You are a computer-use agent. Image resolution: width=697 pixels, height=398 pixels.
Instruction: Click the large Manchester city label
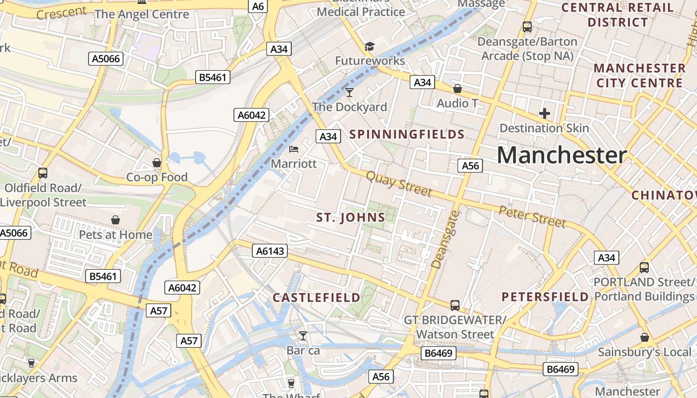click(x=562, y=156)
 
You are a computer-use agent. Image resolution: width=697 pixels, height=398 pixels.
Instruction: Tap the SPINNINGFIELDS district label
click(x=407, y=134)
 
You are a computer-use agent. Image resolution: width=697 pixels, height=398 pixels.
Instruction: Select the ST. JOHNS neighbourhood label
click(x=351, y=217)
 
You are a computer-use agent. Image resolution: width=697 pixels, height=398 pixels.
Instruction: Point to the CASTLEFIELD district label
click(x=317, y=298)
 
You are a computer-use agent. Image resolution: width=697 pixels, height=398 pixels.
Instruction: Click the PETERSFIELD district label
click(x=545, y=297)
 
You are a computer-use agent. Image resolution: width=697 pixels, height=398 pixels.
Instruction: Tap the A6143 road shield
click(x=270, y=251)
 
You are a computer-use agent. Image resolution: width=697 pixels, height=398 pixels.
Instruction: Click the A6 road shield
click(x=258, y=6)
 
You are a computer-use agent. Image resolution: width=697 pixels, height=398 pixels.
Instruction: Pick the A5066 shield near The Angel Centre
click(x=106, y=59)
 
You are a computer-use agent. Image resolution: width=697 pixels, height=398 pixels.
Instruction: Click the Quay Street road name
click(x=399, y=184)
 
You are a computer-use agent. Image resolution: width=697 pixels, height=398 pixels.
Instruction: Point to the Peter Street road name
click(x=532, y=217)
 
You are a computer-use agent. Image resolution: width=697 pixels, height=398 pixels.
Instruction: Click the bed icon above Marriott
click(x=294, y=149)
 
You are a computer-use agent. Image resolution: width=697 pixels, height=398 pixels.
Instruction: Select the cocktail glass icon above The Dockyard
click(x=349, y=93)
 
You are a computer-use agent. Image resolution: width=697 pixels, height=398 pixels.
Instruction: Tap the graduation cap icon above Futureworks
click(x=369, y=47)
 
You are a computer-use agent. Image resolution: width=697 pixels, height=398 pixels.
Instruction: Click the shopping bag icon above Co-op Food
click(x=157, y=163)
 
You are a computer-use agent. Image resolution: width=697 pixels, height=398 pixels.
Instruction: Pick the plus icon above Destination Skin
click(x=544, y=113)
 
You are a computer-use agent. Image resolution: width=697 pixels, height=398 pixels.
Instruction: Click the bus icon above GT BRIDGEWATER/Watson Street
click(x=455, y=305)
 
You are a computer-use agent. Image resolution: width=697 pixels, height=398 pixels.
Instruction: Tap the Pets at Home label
click(x=116, y=234)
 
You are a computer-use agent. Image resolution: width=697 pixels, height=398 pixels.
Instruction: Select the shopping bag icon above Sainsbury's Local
click(x=645, y=337)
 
